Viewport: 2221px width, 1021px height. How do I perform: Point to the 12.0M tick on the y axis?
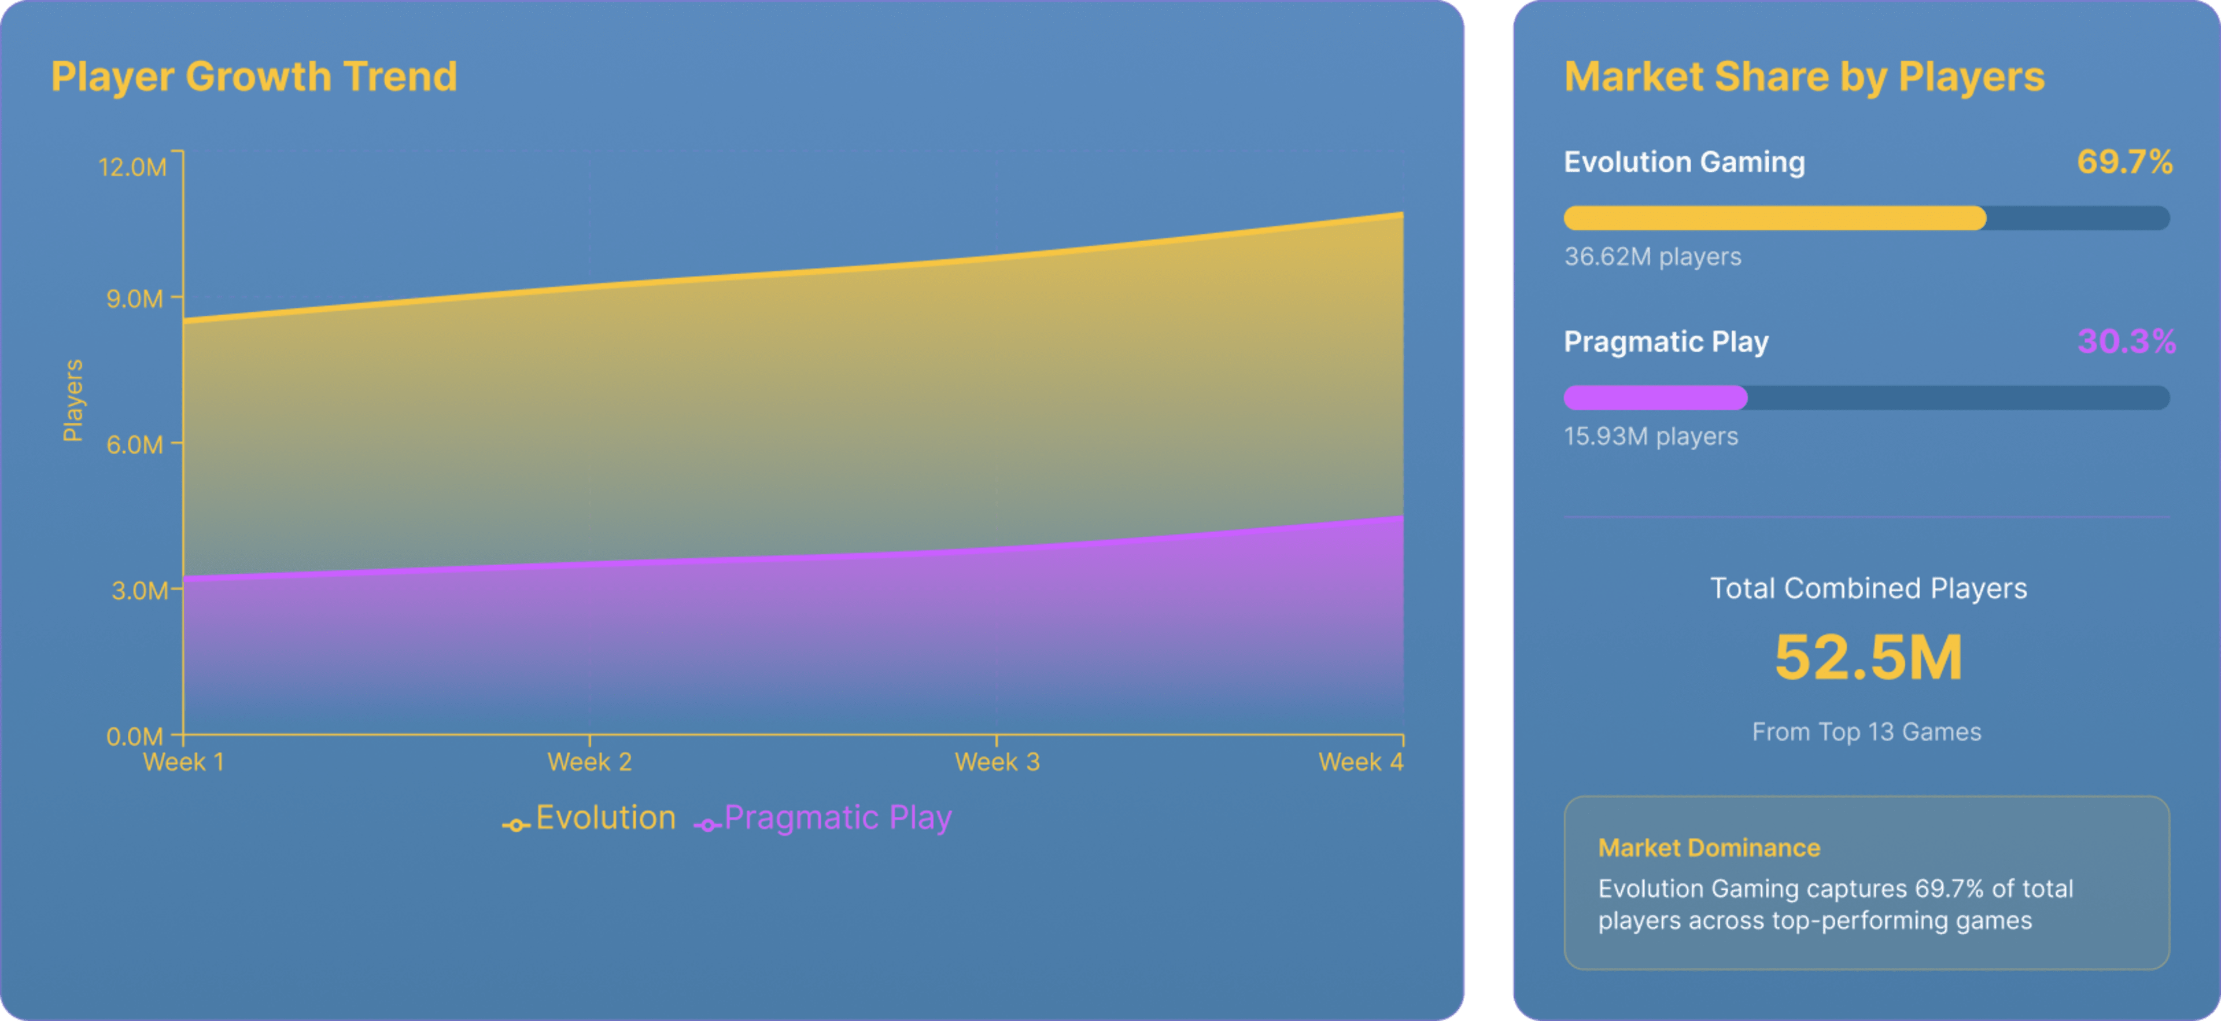pos(133,167)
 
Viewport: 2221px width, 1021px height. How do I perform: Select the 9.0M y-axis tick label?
pos(135,298)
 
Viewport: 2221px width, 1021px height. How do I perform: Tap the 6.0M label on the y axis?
pos(135,444)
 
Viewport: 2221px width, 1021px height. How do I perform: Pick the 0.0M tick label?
pos(135,736)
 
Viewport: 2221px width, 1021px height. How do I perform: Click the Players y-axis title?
pos(73,400)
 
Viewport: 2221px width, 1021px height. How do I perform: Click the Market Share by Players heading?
pos(1804,77)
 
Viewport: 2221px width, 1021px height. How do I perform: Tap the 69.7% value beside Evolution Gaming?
pos(2124,162)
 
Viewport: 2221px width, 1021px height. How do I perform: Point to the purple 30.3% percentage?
pos(2126,341)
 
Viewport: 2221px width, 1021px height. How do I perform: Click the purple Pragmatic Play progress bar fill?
pos(1655,397)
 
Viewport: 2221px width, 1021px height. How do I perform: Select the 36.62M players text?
pos(1652,257)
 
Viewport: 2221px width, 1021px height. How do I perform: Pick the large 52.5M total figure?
pos(1868,658)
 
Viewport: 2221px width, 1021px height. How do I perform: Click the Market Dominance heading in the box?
pos(1709,847)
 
